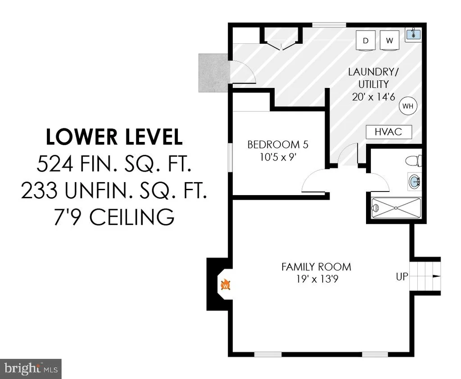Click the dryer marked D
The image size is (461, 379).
(366, 41)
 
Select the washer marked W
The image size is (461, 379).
(389, 40)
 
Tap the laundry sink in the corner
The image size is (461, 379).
(413, 35)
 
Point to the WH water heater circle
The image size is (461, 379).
(408, 106)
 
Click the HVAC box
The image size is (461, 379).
(389, 132)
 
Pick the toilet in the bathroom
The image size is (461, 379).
(414, 161)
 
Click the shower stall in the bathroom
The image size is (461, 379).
(396, 208)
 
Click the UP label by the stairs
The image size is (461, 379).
(402, 277)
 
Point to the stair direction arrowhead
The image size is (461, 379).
(437, 276)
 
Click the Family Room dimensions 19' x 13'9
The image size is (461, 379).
(317, 279)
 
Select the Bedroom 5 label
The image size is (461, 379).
(278, 145)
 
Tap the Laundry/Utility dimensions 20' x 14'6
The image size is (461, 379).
(373, 97)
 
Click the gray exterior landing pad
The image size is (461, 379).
(213, 73)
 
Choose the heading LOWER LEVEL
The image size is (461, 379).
(114, 137)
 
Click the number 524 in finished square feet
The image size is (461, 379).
(55, 164)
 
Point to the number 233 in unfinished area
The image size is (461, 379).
(39, 190)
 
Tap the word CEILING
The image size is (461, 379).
(132, 217)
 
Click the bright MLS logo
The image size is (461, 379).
(31, 369)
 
